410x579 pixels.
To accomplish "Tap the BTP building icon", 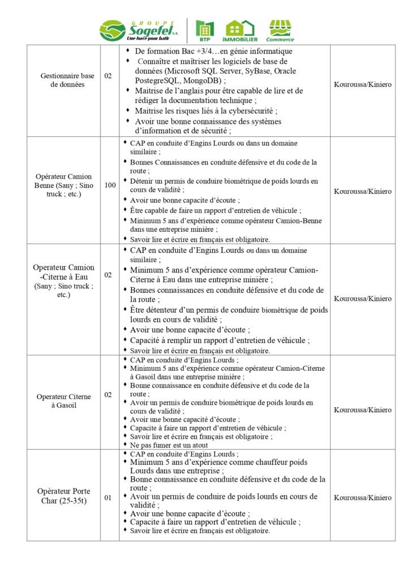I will [205, 29].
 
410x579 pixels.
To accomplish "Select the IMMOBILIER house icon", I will [241, 29].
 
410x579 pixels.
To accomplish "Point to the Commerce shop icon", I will [280, 29].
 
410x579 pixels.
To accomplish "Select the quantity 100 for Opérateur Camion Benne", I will [110, 185].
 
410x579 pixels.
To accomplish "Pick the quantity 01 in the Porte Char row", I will [109, 498].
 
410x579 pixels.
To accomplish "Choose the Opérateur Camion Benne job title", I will [63, 185].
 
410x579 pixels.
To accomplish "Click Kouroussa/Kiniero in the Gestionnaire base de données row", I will [362, 84].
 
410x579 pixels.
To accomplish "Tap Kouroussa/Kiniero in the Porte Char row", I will [362, 498].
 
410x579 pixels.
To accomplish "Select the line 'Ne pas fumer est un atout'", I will [169, 445].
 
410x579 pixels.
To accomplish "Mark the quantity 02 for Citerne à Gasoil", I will [109, 394].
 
